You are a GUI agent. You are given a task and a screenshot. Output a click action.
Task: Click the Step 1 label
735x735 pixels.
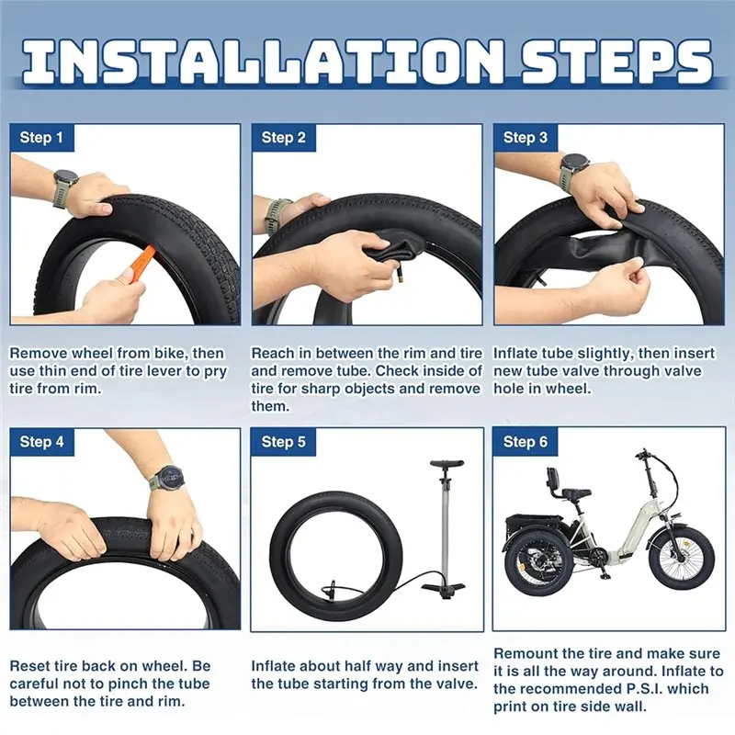[41, 137]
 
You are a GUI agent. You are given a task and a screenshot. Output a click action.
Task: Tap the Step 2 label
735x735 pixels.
[283, 137]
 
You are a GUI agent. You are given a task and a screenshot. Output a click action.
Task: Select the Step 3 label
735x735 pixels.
[525, 137]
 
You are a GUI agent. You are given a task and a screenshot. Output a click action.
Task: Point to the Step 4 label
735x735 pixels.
[41, 442]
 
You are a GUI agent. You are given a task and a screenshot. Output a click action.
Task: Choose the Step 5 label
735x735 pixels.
[283, 442]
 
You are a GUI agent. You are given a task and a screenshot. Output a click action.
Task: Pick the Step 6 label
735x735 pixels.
[525, 442]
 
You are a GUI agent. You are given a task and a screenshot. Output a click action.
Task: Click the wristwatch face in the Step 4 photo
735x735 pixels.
[169, 478]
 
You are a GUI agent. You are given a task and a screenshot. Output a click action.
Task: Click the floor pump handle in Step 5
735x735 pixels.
[447, 464]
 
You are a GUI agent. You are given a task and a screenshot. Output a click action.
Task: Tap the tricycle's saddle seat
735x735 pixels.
[576, 493]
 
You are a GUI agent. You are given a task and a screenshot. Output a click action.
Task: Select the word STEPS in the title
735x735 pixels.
[616, 62]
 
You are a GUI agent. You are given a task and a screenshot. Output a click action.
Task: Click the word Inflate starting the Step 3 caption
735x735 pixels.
[515, 353]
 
